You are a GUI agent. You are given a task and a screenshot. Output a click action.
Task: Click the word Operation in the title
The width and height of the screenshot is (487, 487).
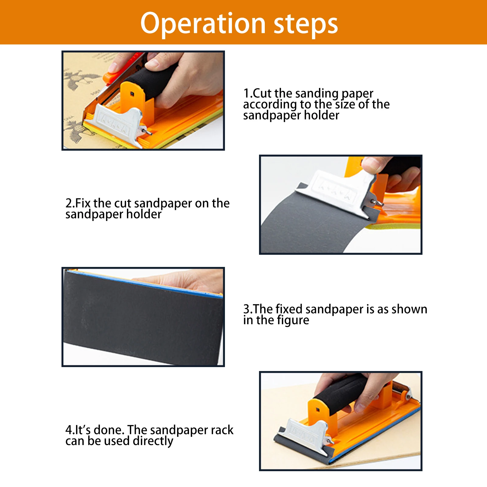click(203, 23)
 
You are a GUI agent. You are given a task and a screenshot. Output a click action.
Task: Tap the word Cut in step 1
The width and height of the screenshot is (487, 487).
click(262, 93)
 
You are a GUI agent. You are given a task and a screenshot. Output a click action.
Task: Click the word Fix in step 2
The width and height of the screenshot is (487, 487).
click(83, 203)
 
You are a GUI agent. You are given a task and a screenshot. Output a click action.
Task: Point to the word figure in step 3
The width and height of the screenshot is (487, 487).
click(293, 320)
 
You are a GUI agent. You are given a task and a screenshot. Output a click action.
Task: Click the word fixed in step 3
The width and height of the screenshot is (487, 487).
click(289, 309)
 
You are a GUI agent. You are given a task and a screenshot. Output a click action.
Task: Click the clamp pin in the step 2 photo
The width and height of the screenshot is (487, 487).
click(377, 202)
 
